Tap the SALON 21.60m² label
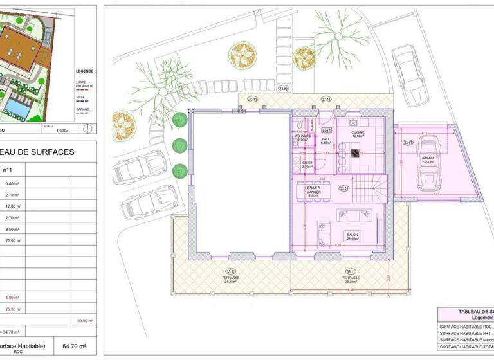click(351, 236)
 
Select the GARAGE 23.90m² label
click(428, 159)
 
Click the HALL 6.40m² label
click(325, 141)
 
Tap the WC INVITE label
click(302, 137)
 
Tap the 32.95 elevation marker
click(283, 88)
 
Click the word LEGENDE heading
click(85, 72)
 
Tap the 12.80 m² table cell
click(14, 206)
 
